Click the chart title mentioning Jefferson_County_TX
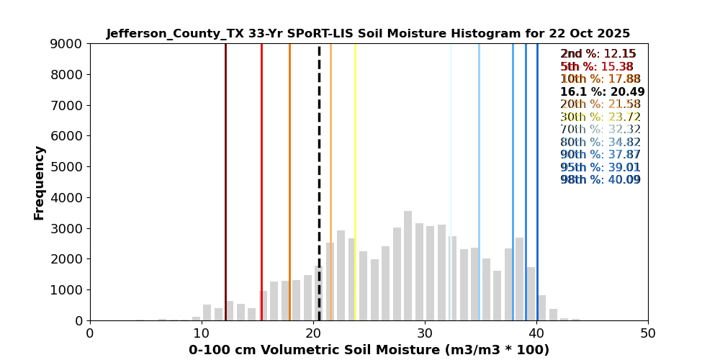(368, 34)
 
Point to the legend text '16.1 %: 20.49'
(602, 92)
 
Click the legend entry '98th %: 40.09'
(600, 180)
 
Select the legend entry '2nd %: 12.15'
(598, 54)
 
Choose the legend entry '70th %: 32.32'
(600, 130)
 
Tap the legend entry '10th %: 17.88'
(600, 79)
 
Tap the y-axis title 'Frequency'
(40, 182)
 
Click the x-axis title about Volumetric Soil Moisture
(369, 351)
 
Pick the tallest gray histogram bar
(408, 266)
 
